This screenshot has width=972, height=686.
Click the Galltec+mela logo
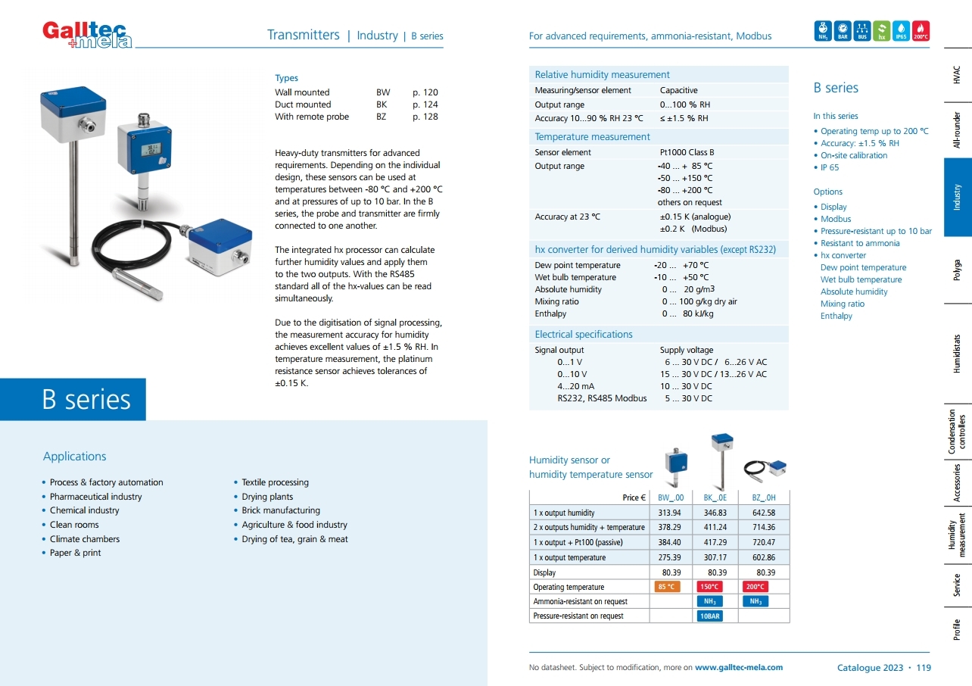(x=87, y=34)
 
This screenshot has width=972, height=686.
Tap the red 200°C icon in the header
(x=921, y=30)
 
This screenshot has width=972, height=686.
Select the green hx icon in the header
(x=881, y=30)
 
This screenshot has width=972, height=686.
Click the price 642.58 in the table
(x=763, y=513)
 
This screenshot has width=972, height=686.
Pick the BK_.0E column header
(x=715, y=497)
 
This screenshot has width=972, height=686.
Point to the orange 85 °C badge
(x=666, y=587)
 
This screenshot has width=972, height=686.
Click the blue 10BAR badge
(x=709, y=616)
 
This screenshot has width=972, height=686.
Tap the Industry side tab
(x=958, y=198)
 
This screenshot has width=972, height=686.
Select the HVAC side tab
(x=958, y=73)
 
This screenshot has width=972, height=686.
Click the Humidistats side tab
(x=958, y=352)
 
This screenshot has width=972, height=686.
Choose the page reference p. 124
(x=425, y=104)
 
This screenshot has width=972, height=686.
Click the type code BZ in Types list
(x=382, y=117)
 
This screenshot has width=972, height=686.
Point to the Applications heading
(x=74, y=457)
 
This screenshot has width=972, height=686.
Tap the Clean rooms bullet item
(x=74, y=525)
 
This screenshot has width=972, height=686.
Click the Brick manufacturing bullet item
(x=281, y=510)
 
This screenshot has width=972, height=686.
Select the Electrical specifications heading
(x=583, y=334)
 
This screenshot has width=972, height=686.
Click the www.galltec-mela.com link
(x=739, y=667)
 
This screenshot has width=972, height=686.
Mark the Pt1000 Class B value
(x=687, y=152)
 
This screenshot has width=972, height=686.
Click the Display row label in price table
(x=544, y=572)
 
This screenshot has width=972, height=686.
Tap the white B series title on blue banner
(x=86, y=400)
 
